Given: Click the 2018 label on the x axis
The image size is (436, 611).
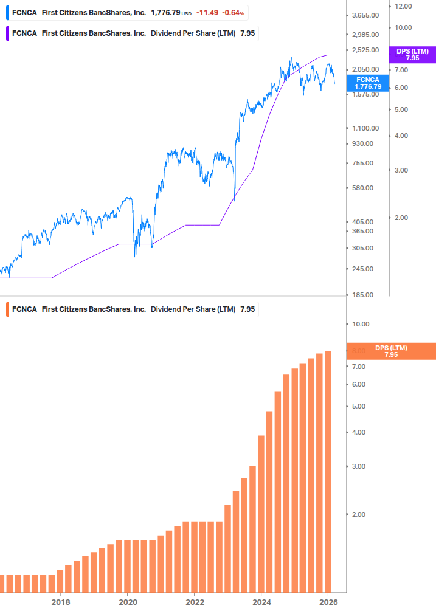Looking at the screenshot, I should pos(60,602).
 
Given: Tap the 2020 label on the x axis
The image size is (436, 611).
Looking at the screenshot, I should pos(127,602).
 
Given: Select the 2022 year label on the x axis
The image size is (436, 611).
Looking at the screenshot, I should pos(194,602).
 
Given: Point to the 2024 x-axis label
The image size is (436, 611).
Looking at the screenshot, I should pos(261,602).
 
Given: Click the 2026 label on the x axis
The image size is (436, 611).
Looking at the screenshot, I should pos(328,602).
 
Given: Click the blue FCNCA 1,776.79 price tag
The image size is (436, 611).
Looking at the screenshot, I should pos(368,83).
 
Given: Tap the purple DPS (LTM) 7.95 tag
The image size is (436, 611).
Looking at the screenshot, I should pos(412,55).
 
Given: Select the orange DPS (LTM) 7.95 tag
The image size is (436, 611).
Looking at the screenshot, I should pos(391,351).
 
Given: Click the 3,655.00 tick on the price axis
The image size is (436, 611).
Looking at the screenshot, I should pos(366,16).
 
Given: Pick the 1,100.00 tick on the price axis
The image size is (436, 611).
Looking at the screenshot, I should pos(366,128).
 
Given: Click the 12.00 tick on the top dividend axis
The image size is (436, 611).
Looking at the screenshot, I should pos(403,6).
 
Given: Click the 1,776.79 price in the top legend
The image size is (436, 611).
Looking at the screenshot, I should pos(165,13).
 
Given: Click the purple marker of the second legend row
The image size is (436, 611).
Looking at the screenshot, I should pos(7,33).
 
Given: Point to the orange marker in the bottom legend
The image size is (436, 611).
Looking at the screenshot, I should pos(7,309).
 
